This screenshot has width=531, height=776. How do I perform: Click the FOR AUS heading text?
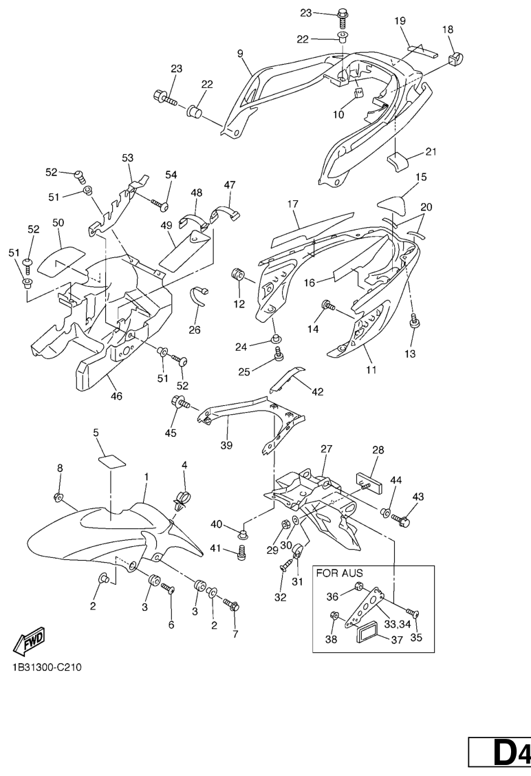click(x=339, y=572)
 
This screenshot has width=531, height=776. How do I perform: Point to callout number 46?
click(x=116, y=396)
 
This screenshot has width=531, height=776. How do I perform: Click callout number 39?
click(x=226, y=445)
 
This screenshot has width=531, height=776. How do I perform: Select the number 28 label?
click(x=378, y=449)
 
